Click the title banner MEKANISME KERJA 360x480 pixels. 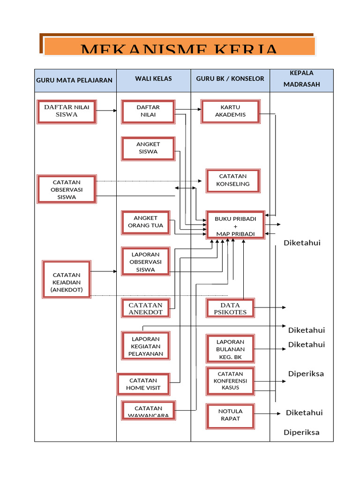pos(179,46)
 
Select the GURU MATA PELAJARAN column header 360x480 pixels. pos(75,80)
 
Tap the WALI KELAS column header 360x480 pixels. pos(153,79)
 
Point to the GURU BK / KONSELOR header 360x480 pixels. pos(230,79)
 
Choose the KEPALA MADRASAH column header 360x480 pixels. pos(301,79)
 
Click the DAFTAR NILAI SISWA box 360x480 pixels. pos(67,111)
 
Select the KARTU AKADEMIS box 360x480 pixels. pos(230,111)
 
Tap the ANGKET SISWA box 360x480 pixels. pos(148,148)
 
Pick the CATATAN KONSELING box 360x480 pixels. pos(232,180)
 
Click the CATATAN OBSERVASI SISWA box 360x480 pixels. pos(67,189)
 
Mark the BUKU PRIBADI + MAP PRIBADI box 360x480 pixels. pos(235,225)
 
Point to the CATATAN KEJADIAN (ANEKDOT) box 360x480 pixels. pos(67,279)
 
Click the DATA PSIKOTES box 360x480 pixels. pos(230,308)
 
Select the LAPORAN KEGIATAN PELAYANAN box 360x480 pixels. pos(145,346)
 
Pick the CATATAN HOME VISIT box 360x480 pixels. pos(143,384)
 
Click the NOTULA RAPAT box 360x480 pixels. pos(230,415)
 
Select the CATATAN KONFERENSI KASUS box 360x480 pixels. pos(230,381)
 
